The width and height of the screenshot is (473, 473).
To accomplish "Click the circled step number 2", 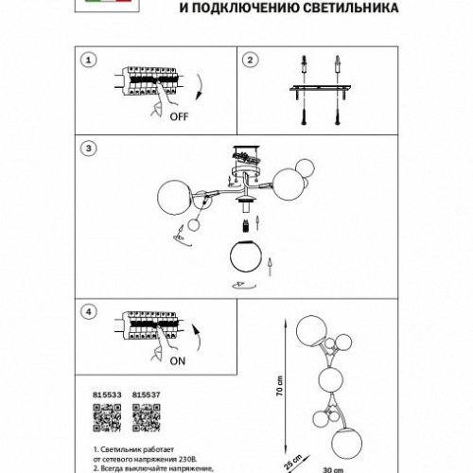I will (252, 60).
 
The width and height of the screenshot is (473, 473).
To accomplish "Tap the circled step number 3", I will (88, 149).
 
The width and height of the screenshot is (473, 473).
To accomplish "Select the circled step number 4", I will (88, 310).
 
